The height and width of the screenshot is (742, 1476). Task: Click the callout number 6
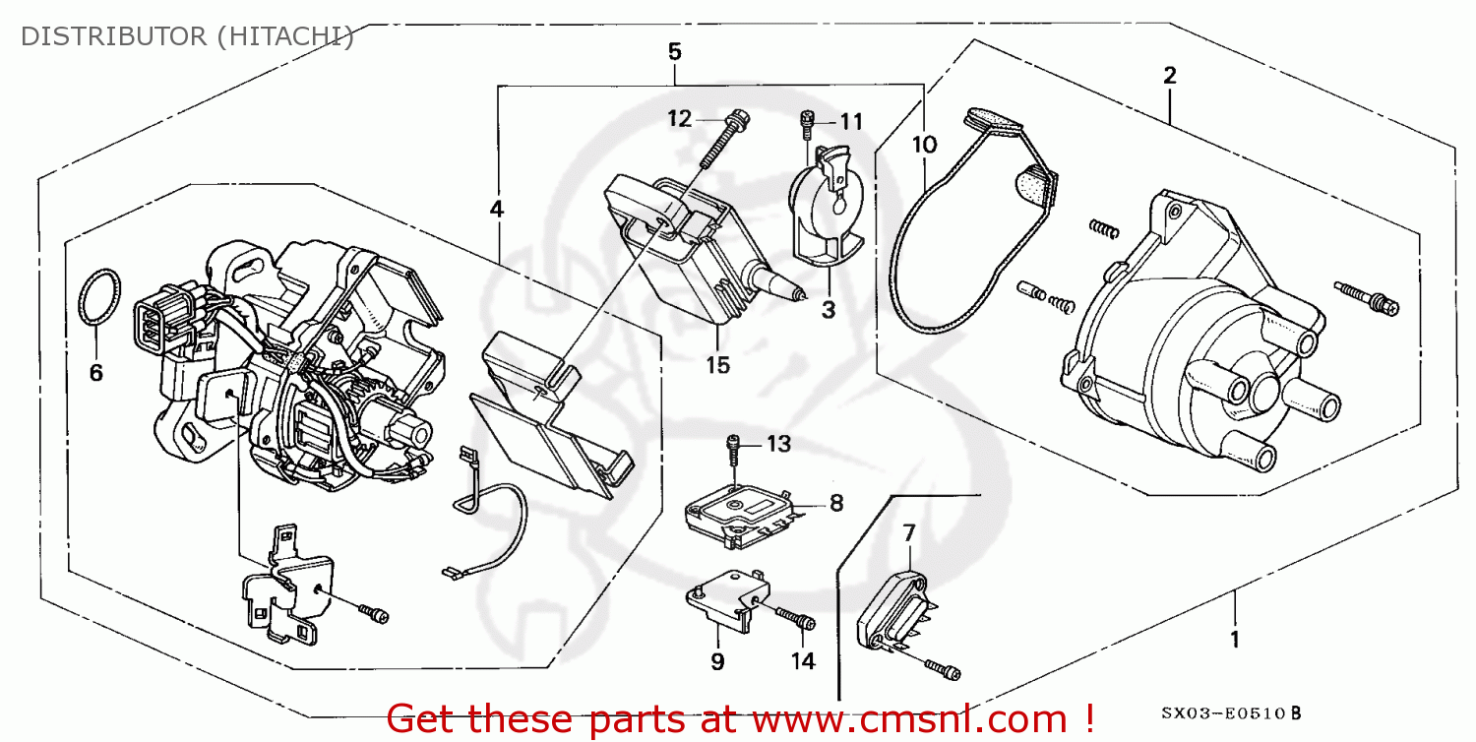[x=95, y=373]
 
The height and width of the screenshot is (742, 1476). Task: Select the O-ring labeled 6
[x=98, y=296]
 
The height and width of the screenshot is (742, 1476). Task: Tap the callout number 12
[x=680, y=119]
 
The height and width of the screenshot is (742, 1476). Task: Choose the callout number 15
[x=717, y=365]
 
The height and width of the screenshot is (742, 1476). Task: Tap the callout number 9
[x=717, y=661]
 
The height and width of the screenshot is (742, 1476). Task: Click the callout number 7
[x=909, y=533]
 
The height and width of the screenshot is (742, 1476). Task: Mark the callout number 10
[x=924, y=145]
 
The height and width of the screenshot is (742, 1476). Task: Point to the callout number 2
[x=1170, y=75]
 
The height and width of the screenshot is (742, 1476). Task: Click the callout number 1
[x=1234, y=641]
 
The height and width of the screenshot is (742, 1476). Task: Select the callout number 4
[x=497, y=209]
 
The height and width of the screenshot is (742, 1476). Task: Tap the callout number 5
[x=674, y=51]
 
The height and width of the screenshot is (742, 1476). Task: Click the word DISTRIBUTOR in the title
[x=109, y=36]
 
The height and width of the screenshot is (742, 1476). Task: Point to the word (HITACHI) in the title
[x=278, y=36]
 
